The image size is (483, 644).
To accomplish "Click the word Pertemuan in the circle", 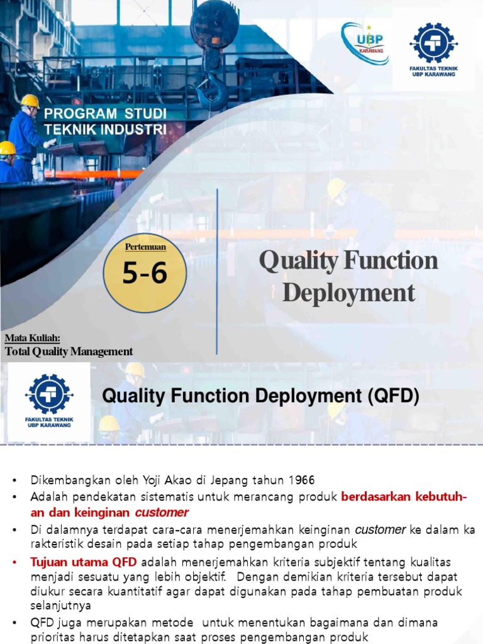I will coord(145,246).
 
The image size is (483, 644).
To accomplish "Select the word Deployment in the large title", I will coord(348,292).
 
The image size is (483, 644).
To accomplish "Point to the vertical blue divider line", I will coord(217,270).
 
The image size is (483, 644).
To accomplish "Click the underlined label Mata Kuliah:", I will coord(32,338).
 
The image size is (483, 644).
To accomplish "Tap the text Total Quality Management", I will coord(69,352).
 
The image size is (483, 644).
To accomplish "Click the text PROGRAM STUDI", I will coord(105,114).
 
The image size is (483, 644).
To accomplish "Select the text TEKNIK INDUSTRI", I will coord(105,129).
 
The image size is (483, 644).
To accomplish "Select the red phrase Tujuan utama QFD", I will coord(83,561).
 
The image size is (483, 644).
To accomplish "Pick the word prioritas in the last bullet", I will coord(54,636).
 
